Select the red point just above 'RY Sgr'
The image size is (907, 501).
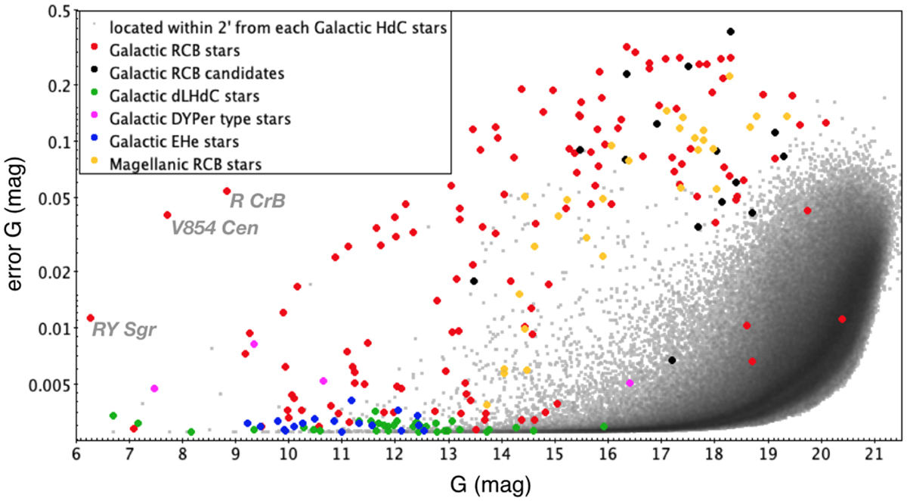coord(91,318)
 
